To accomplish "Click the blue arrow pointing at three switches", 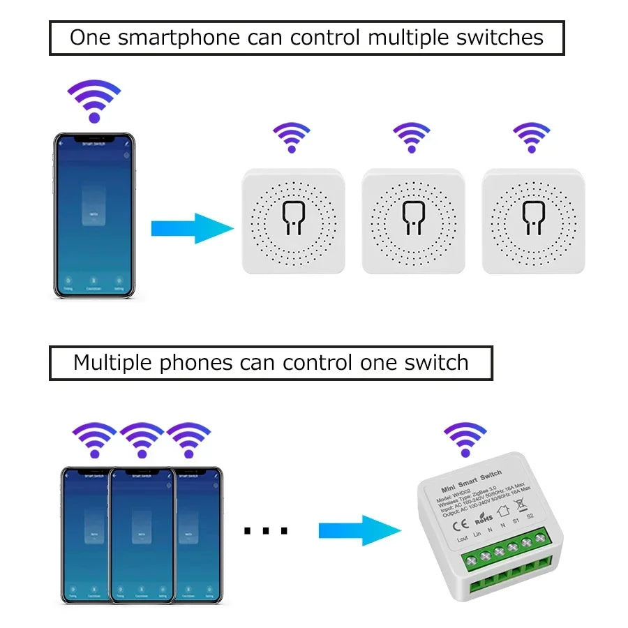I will click(x=192, y=228).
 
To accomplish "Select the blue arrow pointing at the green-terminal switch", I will click(x=359, y=531).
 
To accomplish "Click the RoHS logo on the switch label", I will click(x=484, y=518).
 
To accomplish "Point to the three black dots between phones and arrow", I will click(x=266, y=532).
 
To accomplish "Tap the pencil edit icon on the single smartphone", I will click(x=126, y=142).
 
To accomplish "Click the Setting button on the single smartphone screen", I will click(x=119, y=287).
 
